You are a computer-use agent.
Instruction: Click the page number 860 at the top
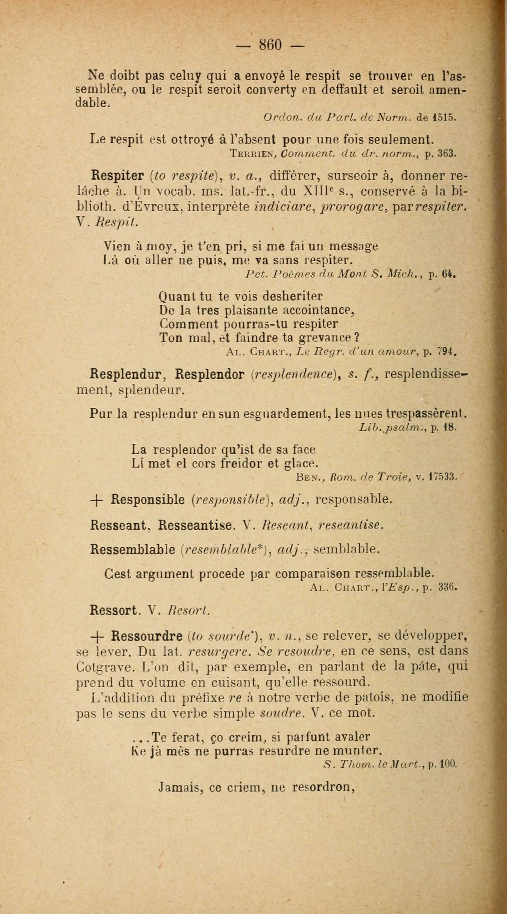(x=270, y=45)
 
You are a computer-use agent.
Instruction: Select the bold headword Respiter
(x=117, y=176)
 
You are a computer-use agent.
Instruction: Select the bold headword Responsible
(x=148, y=500)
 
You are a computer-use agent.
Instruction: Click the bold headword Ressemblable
(x=133, y=549)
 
